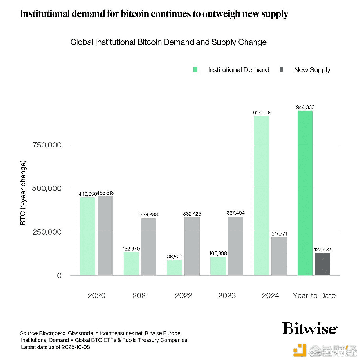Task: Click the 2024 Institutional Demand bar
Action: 262,195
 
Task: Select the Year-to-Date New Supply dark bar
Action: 322,264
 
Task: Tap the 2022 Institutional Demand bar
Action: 175,267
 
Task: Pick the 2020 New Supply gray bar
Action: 105,236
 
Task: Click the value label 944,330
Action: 305,107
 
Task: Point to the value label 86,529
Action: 175,256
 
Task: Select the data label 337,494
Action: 235,213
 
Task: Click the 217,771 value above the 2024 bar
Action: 279,234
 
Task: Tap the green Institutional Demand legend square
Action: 195,69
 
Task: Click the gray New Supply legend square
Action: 282,69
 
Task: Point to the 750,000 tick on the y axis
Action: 47,145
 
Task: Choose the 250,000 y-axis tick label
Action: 47,232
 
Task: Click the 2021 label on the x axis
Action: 140,296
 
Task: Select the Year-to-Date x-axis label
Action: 314,296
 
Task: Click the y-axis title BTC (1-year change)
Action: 23,193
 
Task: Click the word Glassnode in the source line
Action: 80,333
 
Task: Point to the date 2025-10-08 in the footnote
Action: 76,347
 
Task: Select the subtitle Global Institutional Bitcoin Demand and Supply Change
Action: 168,42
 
